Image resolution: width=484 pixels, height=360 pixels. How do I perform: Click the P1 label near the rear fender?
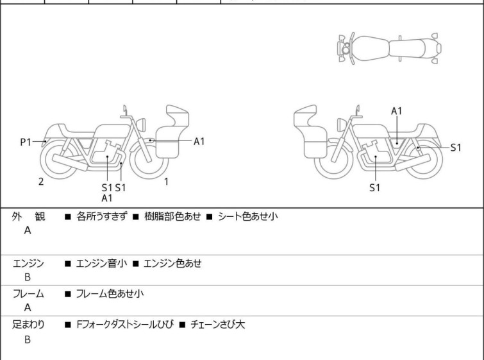26,142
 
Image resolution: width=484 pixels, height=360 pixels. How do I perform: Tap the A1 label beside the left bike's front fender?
199,142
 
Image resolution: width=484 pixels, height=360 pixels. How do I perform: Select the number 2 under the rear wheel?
41,182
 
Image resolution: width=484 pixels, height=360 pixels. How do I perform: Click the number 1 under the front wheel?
167,182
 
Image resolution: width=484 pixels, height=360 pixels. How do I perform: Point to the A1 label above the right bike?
397,111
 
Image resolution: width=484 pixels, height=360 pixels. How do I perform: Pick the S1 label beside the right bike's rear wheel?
456,148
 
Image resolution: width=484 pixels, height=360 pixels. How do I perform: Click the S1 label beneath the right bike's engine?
375,187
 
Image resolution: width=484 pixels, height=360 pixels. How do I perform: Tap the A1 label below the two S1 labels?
107,198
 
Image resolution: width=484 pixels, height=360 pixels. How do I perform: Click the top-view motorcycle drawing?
389,49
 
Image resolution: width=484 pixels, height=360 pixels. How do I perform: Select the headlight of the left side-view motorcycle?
141,124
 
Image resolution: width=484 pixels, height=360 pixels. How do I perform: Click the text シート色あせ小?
248,216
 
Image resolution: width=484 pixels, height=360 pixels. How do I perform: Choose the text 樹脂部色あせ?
172,216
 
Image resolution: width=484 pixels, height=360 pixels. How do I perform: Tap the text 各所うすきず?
101,216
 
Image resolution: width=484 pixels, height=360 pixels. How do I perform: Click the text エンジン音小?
101,264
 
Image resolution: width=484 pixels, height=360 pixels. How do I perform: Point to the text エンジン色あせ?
172,264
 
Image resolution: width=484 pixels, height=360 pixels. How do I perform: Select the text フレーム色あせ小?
110,293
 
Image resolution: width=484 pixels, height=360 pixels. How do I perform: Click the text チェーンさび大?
217,325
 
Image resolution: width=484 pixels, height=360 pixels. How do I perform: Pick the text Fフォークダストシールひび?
125,325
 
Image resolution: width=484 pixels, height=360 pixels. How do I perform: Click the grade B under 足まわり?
28,339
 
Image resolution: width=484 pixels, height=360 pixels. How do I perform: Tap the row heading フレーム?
28,293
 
